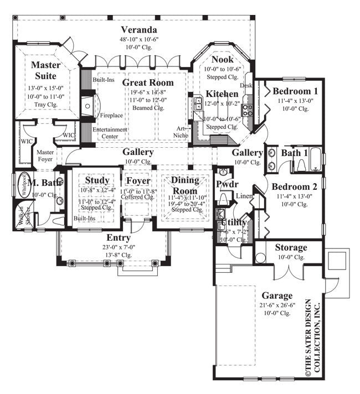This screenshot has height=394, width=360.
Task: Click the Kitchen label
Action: click(223, 94)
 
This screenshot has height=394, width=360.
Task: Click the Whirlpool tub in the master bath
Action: click(23, 184)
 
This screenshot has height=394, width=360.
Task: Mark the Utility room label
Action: click(232, 222)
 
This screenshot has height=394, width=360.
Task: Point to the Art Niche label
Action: click(183, 130)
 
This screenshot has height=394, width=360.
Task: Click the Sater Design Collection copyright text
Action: click(312, 339)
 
